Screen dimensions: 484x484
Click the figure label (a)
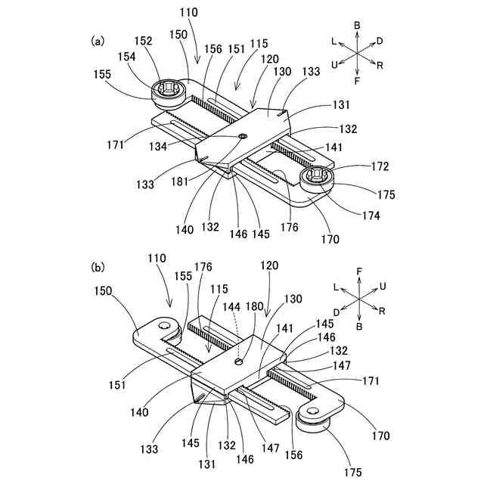[x=98, y=42]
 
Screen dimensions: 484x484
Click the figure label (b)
[x=98, y=267]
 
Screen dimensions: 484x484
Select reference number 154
[x=128, y=57]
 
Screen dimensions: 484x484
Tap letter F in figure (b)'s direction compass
[x=359, y=270]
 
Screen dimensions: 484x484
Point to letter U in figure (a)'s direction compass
[x=334, y=65]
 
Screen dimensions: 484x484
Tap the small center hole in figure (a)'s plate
[x=243, y=136]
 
